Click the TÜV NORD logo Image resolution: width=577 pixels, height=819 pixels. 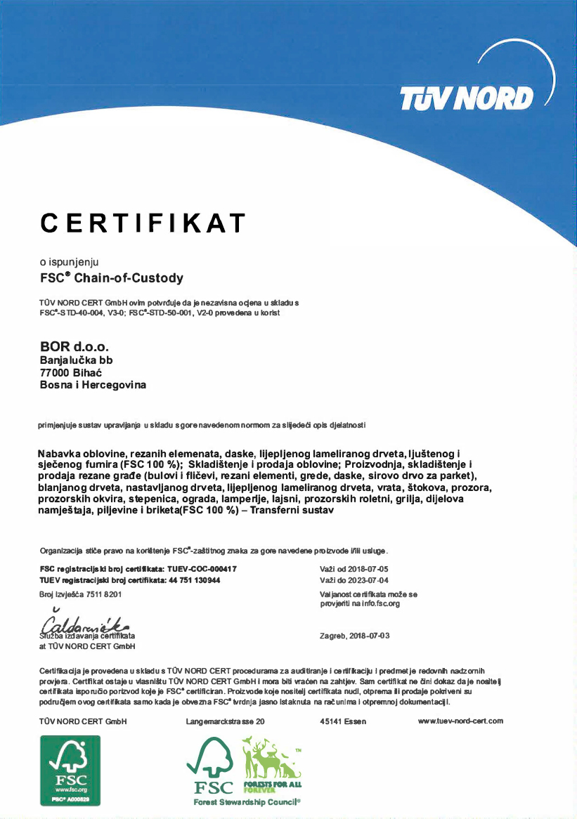pyautogui.click(x=466, y=99)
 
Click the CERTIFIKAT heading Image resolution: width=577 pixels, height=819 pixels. pyautogui.click(x=143, y=222)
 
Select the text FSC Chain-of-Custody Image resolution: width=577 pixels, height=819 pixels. pyautogui.click(x=112, y=277)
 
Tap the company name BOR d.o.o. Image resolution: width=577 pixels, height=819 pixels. pyautogui.click(x=74, y=346)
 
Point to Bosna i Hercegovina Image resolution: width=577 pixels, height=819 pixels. pyautogui.click(x=93, y=385)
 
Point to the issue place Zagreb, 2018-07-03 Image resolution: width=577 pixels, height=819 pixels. pyautogui.click(x=354, y=636)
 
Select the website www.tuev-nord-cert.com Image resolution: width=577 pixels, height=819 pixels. pyautogui.click(x=460, y=721)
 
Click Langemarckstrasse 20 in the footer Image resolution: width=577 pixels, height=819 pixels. pyautogui.click(x=225, y=721)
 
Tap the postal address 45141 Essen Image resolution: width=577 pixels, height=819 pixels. pyautogui.click(x=342, y=721)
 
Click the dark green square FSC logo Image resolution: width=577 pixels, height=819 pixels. pyautogui.click(x=70, y=771)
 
